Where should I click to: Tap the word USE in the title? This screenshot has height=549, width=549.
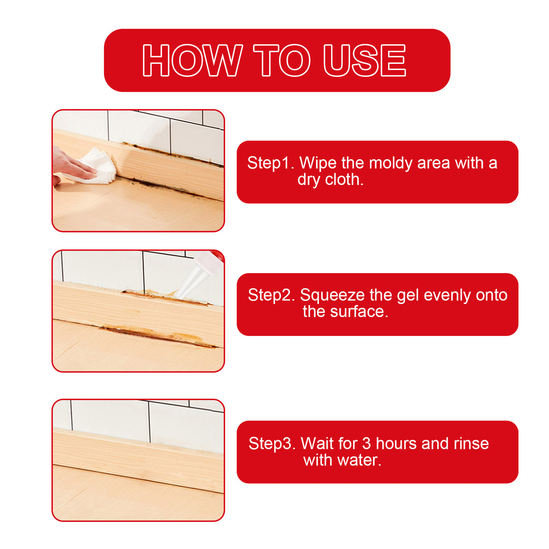[x=364, y=61]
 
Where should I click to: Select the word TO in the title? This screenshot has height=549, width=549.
[x=281, y=61]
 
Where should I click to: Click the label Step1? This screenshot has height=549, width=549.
[x=270, y=163]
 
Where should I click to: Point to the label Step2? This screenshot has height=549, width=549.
[x=271, y=295]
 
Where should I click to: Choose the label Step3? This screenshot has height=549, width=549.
[x=272, y=444]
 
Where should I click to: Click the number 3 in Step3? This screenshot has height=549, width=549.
[x=366, y=444]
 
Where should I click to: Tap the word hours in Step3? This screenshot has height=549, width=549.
[x=396, y=444]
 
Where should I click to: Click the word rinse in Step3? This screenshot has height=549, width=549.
[x=471, y=444]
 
